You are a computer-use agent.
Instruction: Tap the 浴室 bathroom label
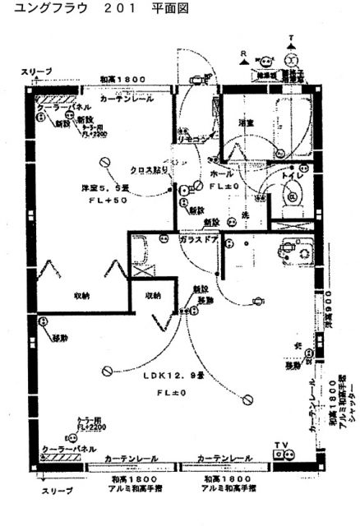click(x=245, y=123)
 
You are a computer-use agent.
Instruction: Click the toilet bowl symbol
click(x=293, y=196)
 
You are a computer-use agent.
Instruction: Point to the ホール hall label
click(x=222, y=175)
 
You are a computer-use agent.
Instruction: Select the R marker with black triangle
click(x=244, y=54)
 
